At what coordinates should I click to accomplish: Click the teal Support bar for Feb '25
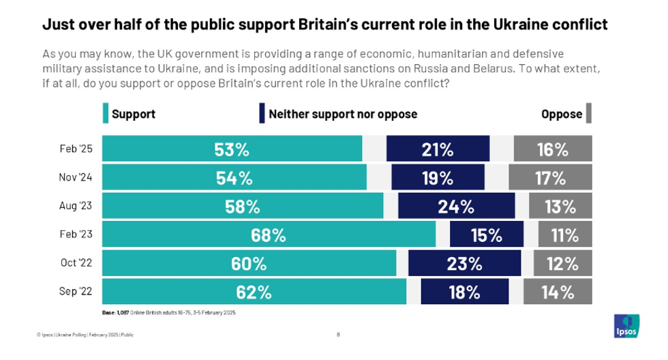pyautogui.click(x=232, y=149)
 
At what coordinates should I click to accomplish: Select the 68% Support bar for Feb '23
pyautogui.click(x=269, y=235)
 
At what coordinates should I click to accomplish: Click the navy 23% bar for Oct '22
pyautogui.click(x=464, y=263)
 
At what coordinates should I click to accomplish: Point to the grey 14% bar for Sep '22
pyautogui.click(x=558, y=292)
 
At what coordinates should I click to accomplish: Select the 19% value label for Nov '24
pyautogui.click(x=437, y=178)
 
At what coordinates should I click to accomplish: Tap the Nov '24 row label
pyautogui.click(x=75, y=178)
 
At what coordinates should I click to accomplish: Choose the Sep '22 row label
pyautogui.click(x=75, y=292)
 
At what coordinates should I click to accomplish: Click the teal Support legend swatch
pyautogui.click(x=106, y=114)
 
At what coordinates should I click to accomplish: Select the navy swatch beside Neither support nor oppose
pyautogui.click(x=262, y=114)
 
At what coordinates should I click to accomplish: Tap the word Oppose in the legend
pyautogui.click(x=561, y=114)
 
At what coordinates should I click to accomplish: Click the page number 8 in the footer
pyautogui.click(x=339, y=335)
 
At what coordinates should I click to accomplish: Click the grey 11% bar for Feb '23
pyautogui.click(x=565, y=235)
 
